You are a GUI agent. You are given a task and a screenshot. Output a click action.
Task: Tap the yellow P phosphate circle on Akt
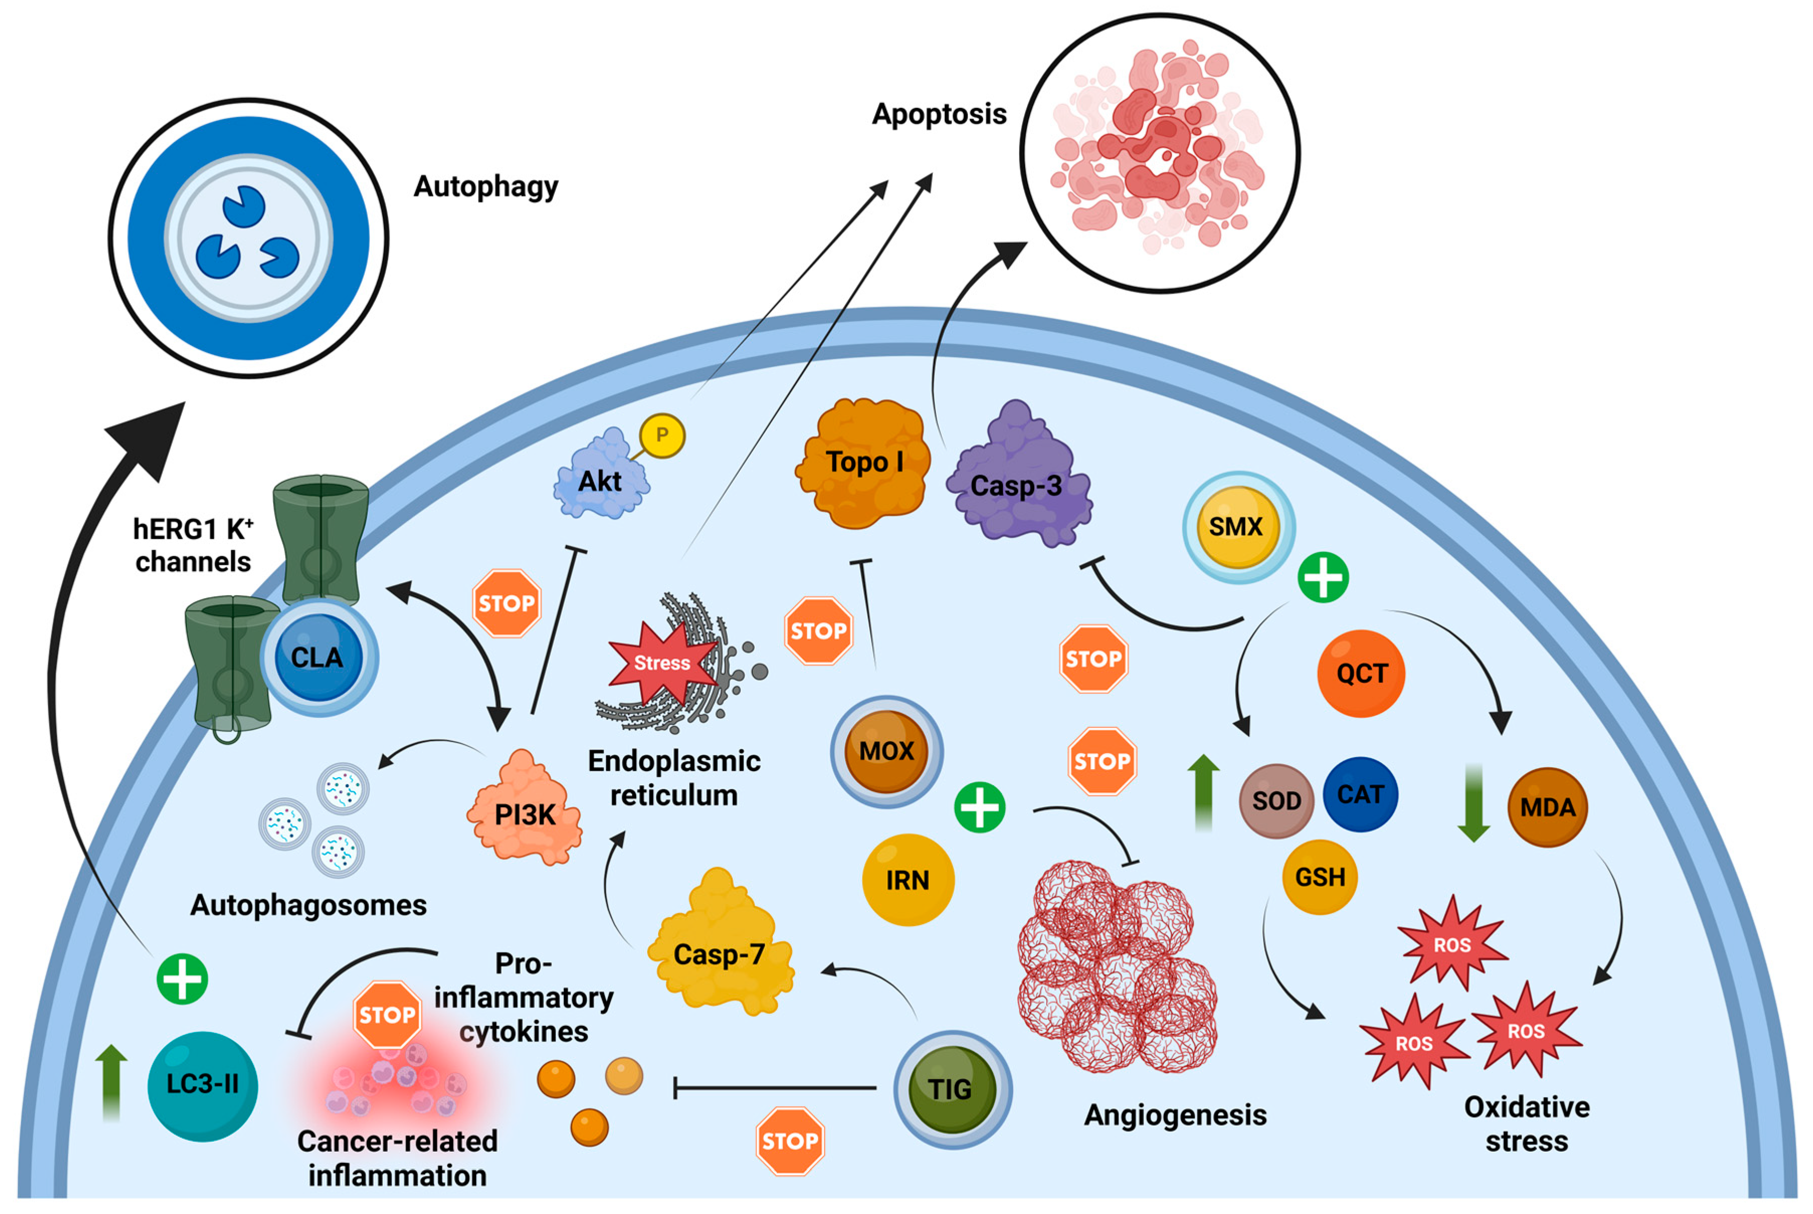[x=662, y=435]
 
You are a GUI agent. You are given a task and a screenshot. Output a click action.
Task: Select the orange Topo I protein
[x=863, y=464]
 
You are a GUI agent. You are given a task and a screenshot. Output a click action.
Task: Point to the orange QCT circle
[x=1361, y=673]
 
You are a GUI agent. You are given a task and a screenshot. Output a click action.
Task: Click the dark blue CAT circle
[x=1360, y=794]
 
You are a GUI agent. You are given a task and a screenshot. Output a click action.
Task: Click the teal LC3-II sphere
[x=203, y=1085]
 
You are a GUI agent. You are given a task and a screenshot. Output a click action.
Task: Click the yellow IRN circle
[x=908, y=880]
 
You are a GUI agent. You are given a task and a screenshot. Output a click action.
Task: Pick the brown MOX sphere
[x=886, y=751]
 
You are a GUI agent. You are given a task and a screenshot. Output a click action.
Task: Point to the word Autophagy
[x=485, y=186]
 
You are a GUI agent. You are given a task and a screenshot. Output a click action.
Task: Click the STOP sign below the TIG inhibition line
[x=789, y=1141]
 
